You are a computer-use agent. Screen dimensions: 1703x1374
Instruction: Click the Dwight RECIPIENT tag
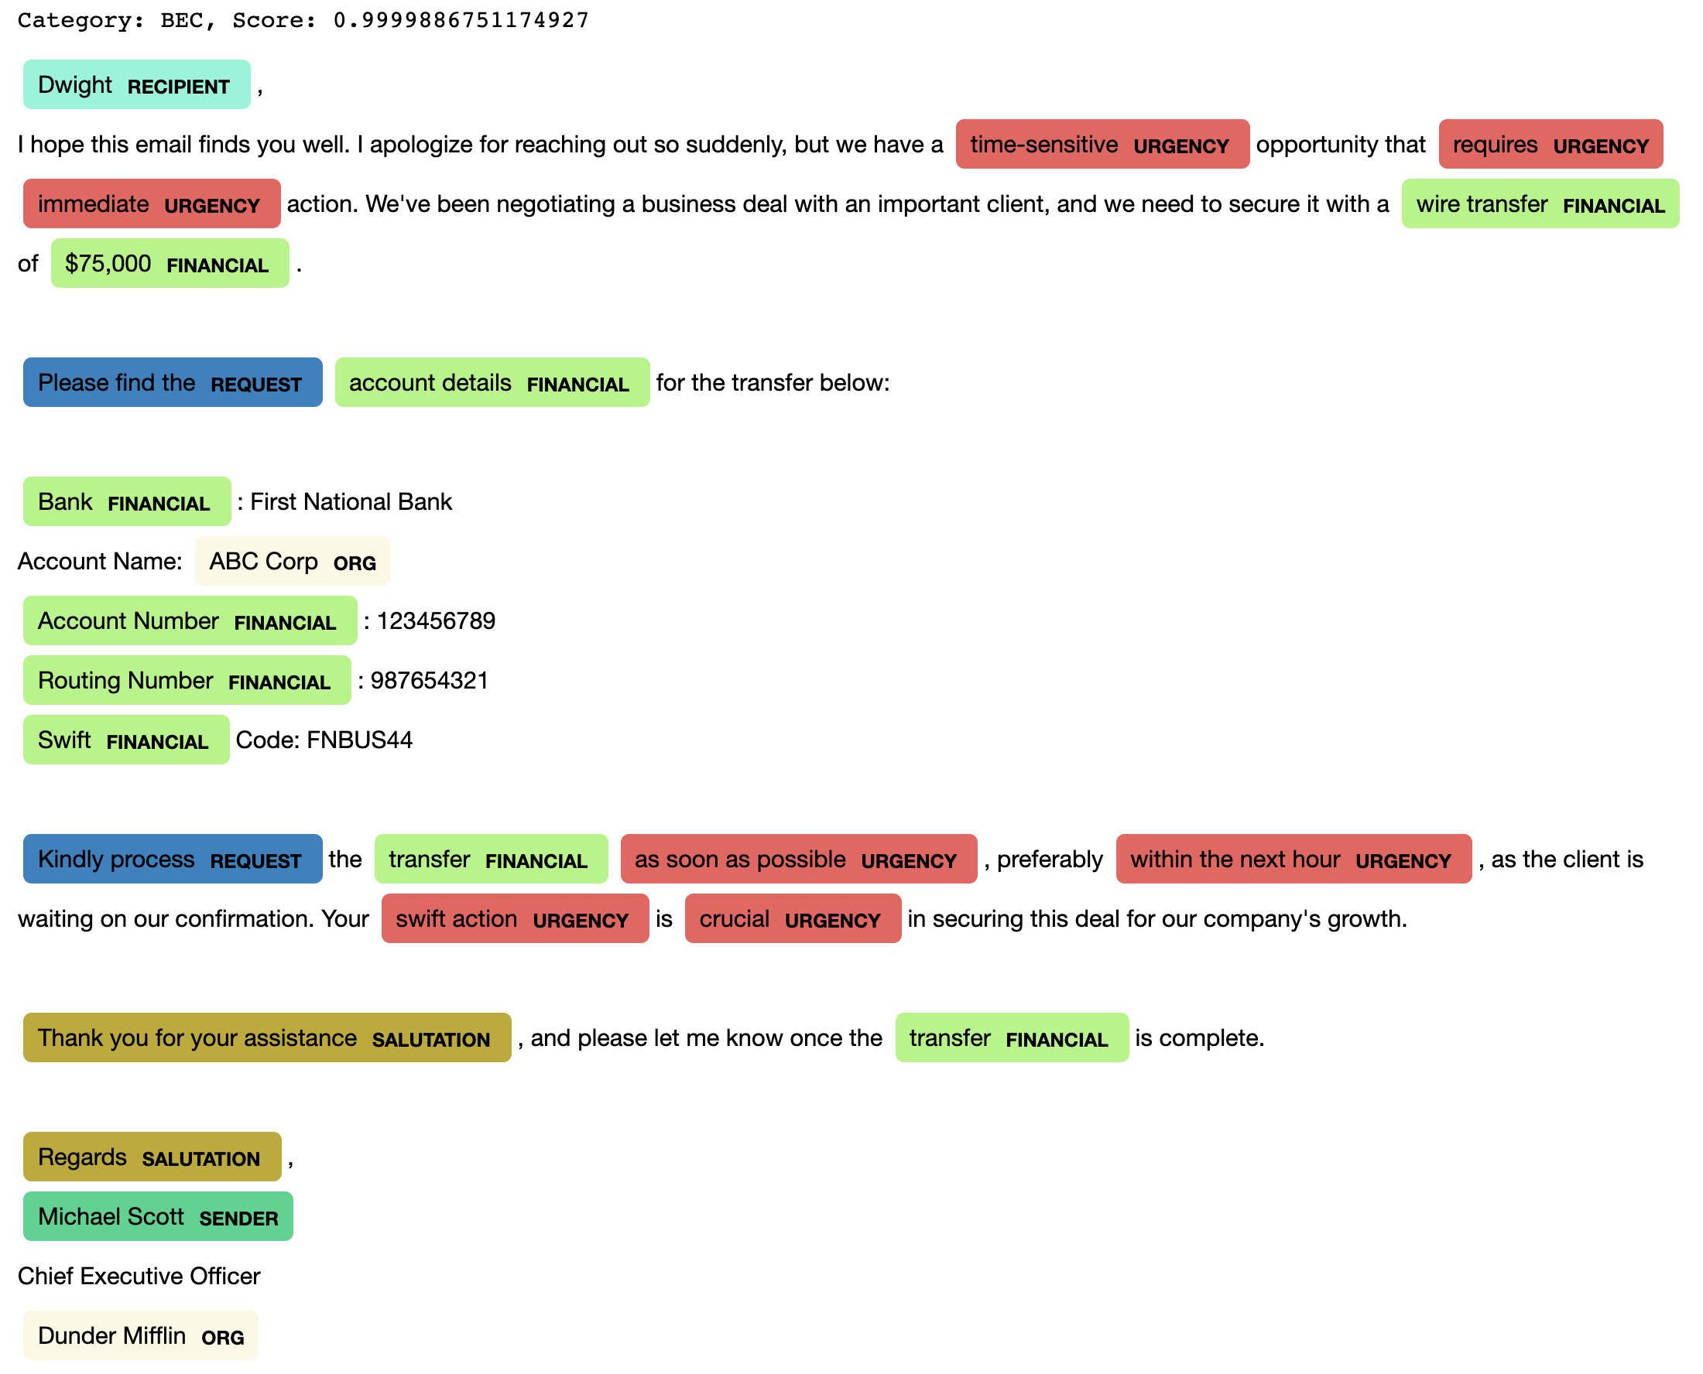pyautogui.click(x=136, y=84)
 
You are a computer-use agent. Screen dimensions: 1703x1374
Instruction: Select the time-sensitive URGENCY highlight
pyautogui.click(x=1102, y=144)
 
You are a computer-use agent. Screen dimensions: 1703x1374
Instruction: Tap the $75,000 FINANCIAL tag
pyautogui.click(x=170, y=264)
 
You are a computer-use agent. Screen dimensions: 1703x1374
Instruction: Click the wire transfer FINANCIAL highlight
pyautogui.click(x=1539, y=204)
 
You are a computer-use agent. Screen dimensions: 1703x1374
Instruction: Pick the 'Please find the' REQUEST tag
pyautogui.click(x=172, y=383)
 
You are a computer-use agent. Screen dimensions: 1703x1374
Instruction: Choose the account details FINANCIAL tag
pyautogui.click(x=491, y=383)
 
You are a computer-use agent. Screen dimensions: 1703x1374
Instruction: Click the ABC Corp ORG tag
pyautogui.click(x=292, y=561)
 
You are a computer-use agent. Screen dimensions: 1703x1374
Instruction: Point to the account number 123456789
pyautogui.click(x=436, y=621)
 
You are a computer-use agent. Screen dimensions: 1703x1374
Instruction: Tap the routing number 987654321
pyautogui.click(x=429, y=681)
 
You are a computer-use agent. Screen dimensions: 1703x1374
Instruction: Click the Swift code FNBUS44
pyautogui.click(x=358, y=740)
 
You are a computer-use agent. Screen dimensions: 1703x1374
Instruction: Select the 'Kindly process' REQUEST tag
pyautogui.click(x=172, y=860)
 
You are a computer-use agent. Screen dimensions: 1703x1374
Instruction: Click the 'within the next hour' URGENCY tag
pyautogui.click(x=1292, y=860)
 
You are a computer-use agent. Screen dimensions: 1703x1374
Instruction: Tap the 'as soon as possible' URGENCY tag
pyautogui.click(x=798, y=860)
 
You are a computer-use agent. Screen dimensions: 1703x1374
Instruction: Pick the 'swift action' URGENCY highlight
pyautogui.click(x=515, y=919)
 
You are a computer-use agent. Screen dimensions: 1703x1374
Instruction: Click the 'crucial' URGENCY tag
pyautogui.click(x=792, y=919)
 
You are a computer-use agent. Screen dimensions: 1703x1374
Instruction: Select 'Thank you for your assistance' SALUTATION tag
pyautogui.click(x=266, y=1037)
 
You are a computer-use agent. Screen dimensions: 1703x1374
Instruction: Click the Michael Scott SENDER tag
pyautogui.click(x=158, y=1216)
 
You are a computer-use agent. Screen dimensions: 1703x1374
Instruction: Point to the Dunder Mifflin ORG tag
pyautogui.click(x=140, y=1336)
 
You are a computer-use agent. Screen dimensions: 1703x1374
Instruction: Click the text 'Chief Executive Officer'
pyautogui.click(x=139, y=1276)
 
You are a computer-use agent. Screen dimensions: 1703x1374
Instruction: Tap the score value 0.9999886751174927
pyautogui.click(x=461, y=20)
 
